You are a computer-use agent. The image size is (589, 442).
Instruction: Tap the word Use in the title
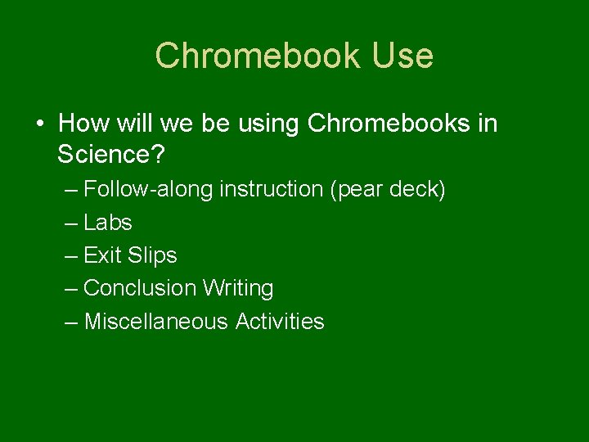pyautogui.click(x=402, y=56)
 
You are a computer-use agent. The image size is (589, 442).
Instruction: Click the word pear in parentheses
pyautogui.click(x=362, y=191)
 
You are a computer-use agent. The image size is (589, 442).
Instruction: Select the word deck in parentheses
pyautogui.click(x=420, y=190)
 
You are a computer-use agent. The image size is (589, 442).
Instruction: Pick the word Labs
pyautogui.click(x=108, y=223)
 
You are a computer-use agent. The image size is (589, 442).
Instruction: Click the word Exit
pyautogui.click(x=102, y=255)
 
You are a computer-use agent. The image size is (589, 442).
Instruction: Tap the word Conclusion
pyautogui.click(x=140, y=288)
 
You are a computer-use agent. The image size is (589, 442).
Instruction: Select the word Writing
pyautogui.click(x=238, y=288)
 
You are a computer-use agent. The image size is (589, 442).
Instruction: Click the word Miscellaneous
pyautogui.click(x=155, y=322)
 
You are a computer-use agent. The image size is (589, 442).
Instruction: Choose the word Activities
pyautogui.click(x=280, y=322)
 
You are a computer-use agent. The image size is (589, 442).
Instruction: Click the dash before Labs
pyautogui.click(x=71, y=223)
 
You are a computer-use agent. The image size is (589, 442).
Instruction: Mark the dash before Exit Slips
pyautogui.click(x=71, y=256)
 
